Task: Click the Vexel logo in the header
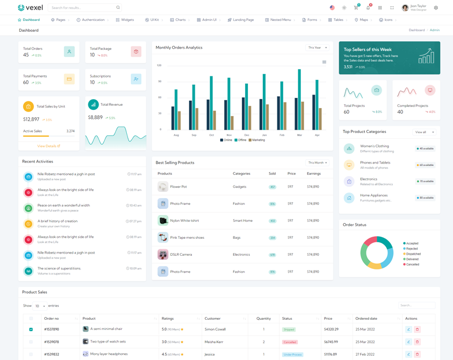click(x=30, y=8)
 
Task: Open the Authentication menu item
click(x=93, y=20)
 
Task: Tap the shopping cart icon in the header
click(x=356, y=8)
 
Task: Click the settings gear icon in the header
click(x=436, y=8)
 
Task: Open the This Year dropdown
click(x=317, y=48)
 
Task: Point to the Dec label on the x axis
click(x=247, y=135)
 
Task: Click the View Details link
click(x=49, y=146)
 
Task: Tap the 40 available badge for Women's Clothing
click(x=425, y=149)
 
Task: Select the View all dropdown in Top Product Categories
click(x=424, y=132)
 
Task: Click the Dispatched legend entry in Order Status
click(x=412, y=254)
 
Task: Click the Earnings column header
click(x=314, y=174)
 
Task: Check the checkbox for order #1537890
click(x=31, y=329)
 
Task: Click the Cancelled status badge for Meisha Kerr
click(x=289, y=342)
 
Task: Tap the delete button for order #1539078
click(x=417, y=342)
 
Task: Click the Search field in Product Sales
click(x=416, y=306)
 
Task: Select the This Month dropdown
click(x=317, y=162)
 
